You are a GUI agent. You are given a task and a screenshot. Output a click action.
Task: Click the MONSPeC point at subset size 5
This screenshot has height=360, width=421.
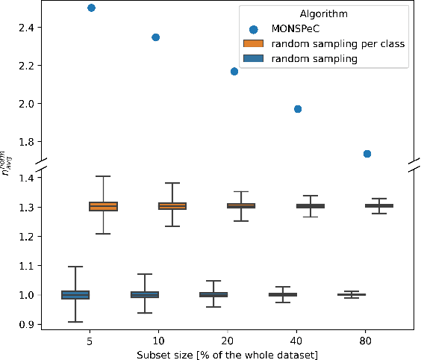click(91, 7)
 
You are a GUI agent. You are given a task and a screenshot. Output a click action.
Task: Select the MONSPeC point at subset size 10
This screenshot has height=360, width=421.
click(155, 37)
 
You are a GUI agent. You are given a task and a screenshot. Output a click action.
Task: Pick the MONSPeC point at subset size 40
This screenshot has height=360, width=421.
click(298, 109)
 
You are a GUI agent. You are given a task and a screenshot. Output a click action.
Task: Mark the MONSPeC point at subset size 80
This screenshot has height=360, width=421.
click(367, 154)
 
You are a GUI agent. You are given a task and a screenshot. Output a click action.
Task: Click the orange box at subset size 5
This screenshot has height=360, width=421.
click(103, 206)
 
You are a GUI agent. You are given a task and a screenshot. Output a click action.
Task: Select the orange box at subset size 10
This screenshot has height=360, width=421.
click(172, 205)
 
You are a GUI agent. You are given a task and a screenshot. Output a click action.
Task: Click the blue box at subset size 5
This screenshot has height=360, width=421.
click(75, 295)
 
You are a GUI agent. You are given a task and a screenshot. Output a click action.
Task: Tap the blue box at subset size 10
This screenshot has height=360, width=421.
click(145, 295)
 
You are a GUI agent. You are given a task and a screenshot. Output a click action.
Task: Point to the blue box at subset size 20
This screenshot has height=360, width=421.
click(213, 295)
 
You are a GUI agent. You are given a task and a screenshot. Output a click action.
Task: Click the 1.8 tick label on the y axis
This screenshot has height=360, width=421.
click(17, 141)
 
